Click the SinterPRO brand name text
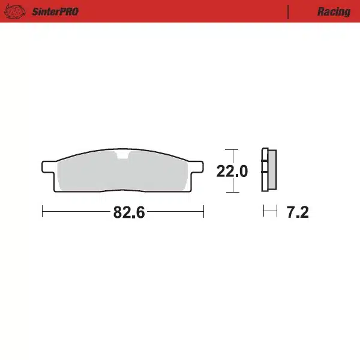tap(54, 11)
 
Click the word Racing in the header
tap(334, 11)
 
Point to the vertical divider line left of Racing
tap(289, 11)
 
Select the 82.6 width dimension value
tap(129, 212)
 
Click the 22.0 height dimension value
tap(232, 172)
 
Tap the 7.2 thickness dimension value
tap(298, 212)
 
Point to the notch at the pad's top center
tap(123, 157)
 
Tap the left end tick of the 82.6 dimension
tap(43, 212)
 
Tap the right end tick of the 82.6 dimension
tap(204, 212)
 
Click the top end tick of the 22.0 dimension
tap(231, 149)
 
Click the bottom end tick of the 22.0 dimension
tap(231, 192)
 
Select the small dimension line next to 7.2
tap(270, 211)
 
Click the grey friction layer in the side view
tap(271, 171)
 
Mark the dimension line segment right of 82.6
tap(175, 212)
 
